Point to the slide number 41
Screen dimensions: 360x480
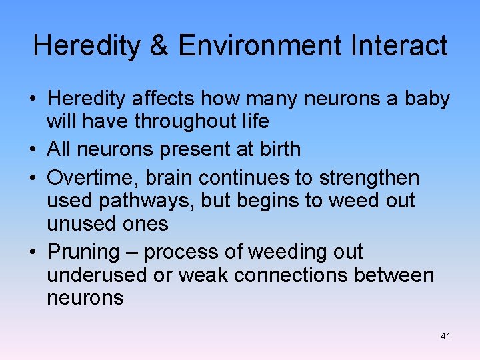point(445,337)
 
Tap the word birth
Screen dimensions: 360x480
point(278,149)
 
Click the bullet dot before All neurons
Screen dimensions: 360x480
point(32,149)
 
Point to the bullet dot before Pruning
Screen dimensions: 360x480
point(32,253)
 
